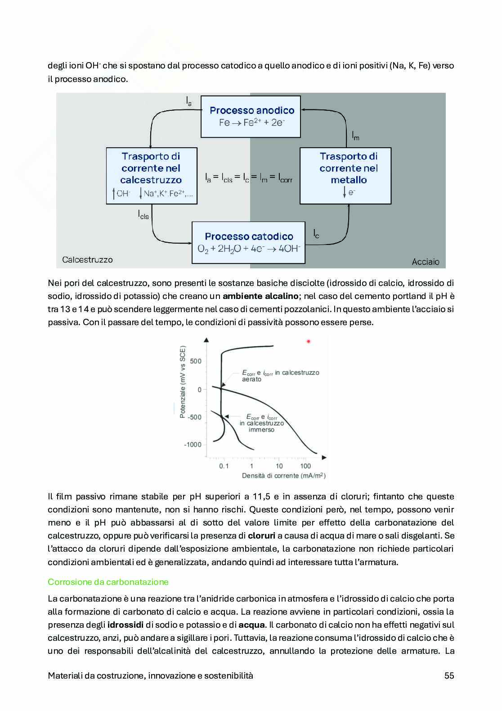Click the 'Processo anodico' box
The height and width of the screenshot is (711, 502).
click(251, 116)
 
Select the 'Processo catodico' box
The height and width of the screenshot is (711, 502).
click(248, 242)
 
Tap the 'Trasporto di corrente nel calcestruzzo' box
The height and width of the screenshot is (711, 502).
click(152, 176)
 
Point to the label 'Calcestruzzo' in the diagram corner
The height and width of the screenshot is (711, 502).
click(87, 260)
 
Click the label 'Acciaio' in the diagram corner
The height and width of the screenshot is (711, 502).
click(426, 262)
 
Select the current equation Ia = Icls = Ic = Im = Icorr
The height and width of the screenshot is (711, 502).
click(248, 178)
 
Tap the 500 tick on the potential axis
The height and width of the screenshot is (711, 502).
click(196, 361)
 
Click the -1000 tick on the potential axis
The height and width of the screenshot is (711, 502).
click(193, 445)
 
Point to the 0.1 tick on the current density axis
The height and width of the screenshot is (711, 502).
click(224, 466)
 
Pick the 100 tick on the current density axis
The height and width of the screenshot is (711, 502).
click(305, 466)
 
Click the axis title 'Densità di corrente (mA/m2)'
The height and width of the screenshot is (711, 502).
click(283, 476)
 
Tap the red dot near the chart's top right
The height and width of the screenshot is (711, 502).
click(309, 341)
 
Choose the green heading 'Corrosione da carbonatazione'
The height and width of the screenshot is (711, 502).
click(108, 582)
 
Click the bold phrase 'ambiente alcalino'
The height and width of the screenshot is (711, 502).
click(260, 296)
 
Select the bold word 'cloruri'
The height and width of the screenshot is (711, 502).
click(262, 536)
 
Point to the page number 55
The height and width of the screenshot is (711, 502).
click(449, 675)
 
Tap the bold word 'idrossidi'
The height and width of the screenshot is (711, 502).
click(126, 625)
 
